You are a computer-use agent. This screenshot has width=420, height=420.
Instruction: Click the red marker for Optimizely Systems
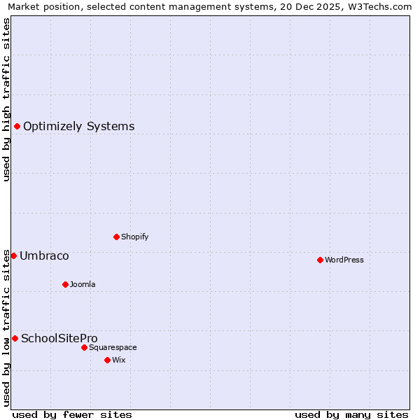point(17,126)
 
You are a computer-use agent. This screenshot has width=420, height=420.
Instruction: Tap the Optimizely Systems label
point(78,127)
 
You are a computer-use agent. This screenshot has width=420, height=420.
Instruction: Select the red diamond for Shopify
point(116,237)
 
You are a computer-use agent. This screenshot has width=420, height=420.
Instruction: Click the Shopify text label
point(134,237)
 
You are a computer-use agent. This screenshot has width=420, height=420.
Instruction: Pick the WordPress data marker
point(320,260)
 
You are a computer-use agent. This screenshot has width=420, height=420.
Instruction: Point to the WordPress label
point(344,260)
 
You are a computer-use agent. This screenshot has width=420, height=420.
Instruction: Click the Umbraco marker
point(13,255)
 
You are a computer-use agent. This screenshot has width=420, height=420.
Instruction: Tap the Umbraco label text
point(44,256)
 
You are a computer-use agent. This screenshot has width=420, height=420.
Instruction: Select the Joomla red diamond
point(65,284)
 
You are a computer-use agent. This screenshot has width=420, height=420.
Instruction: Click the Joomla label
point(83,284)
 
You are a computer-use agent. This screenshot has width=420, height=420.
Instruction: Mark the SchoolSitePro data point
point(15,338)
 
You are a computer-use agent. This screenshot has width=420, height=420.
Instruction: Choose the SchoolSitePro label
point(59,339)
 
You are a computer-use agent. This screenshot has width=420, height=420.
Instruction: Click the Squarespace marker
point(84,347)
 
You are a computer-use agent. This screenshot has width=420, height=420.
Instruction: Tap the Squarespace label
point(113,347)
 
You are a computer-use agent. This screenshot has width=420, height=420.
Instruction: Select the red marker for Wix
point(107,360)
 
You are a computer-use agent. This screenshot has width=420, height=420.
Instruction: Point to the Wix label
point(119,360)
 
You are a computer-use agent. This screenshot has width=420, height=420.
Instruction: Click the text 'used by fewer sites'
point(72,414)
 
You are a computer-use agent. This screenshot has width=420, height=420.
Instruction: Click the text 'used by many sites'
point(351,414)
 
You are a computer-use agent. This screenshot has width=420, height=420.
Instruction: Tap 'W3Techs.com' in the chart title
point(381,6)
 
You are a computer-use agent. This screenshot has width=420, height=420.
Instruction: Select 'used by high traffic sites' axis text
point(6,99)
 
